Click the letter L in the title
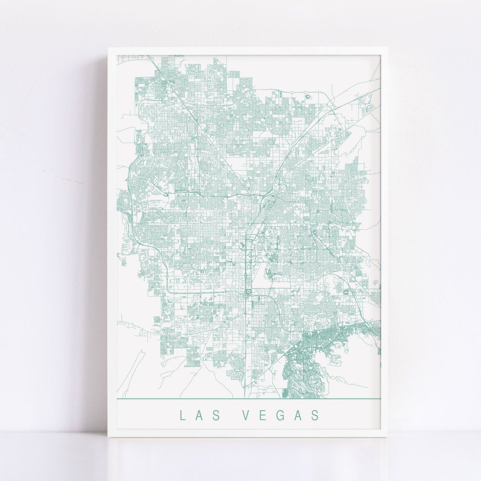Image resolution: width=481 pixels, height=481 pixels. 182,415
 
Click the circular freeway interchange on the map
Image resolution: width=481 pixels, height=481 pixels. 247,292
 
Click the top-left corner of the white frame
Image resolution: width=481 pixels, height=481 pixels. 108,48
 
